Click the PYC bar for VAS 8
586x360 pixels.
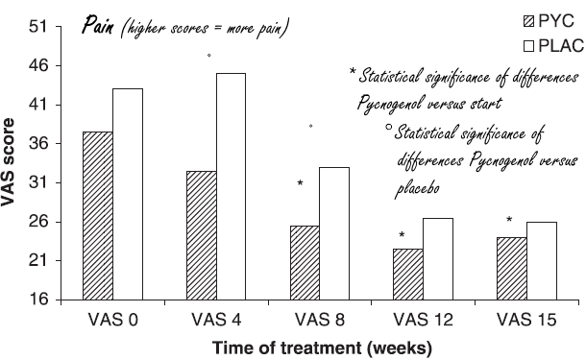point(305,263)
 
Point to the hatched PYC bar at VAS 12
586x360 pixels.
point(408,275)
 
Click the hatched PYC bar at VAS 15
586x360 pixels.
point(511,269)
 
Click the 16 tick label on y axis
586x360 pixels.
point(37,300)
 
